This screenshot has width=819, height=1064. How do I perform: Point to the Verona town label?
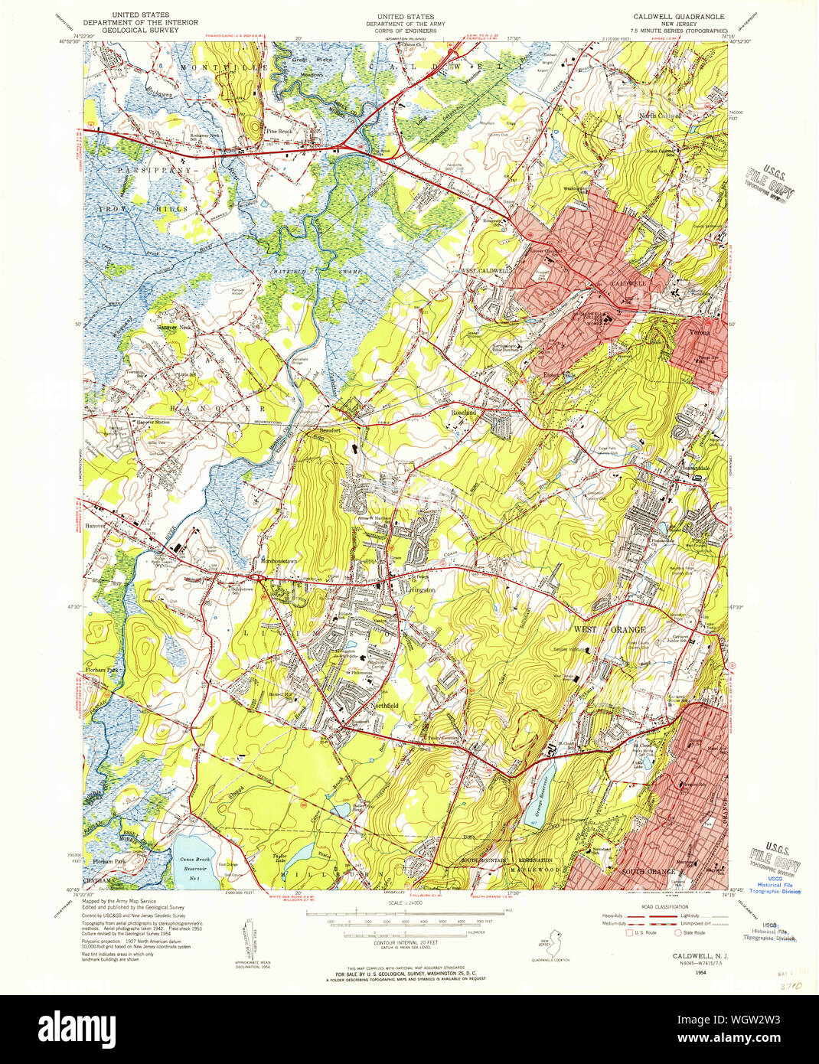coord(698,333)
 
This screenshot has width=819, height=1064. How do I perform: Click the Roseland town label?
coord(464,413)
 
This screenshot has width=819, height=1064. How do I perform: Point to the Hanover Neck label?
coord(173,327)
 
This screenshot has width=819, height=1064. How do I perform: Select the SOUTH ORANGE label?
coord(648,872)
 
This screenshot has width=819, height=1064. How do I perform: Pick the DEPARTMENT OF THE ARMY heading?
coord(405,24)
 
